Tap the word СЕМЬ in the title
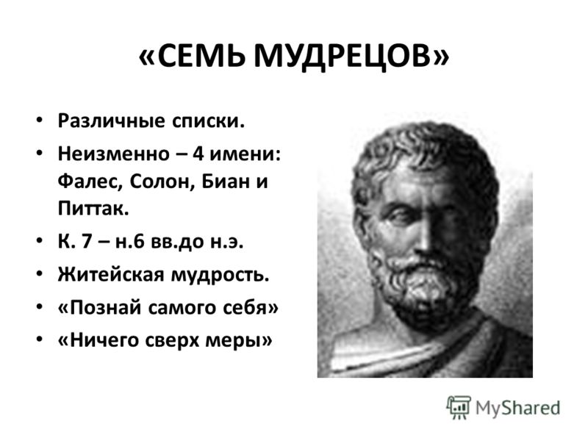(x=201, y=56)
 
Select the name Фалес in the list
(x=90, y=182)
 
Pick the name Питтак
(x=93, y=208)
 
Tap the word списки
(x=208, y=121)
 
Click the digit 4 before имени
(x=198, y=154)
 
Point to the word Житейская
(x=111, y=274)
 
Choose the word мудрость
(x=220, y=275)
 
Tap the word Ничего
(x=98, y=340)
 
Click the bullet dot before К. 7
(x=40, y=241)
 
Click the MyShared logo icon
(x=459, y=408)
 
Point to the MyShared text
(x=518, y=409)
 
